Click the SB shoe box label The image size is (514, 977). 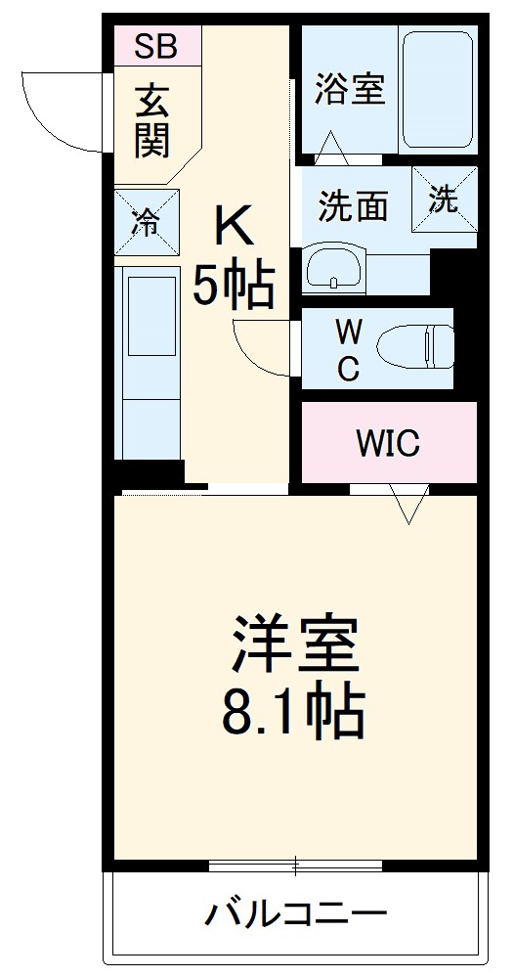tap(157, 45)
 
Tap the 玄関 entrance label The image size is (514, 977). tap(152, 121)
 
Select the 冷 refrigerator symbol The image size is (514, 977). tap(146, 222)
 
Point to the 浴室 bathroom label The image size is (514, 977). tap(350, 89)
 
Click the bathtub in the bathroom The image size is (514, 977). tap(436, 90)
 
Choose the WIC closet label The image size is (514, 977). tap(388, 443)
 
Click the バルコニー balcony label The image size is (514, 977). tap(296, 916)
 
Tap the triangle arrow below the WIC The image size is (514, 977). tap(408, 505)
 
